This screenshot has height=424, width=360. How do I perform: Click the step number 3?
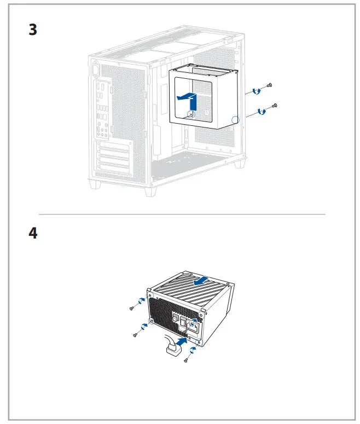(33, 30)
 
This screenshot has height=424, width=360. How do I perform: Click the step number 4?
(33, 233)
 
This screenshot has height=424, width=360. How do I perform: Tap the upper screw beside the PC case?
(270, 86)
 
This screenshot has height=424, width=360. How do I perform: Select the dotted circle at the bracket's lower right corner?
(235, 120)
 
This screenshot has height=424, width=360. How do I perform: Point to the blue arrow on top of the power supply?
(201, 281)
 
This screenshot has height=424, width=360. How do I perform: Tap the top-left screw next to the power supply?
(132, 308)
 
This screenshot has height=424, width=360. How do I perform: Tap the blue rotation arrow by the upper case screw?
(255, 91)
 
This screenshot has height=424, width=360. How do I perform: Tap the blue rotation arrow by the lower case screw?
(262, 112)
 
